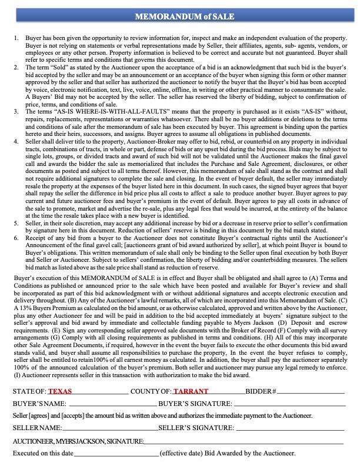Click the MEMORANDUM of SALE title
180,16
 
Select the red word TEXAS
60,391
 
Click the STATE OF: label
29,391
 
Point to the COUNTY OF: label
151,391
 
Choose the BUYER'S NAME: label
39,404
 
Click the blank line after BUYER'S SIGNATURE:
288,405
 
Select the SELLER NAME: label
37,428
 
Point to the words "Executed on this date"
43,454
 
